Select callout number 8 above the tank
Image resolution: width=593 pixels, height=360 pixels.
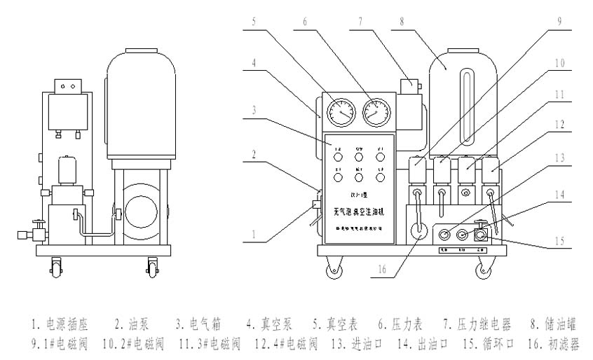pos(402,21)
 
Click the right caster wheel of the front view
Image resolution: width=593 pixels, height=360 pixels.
pos(485,269)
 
